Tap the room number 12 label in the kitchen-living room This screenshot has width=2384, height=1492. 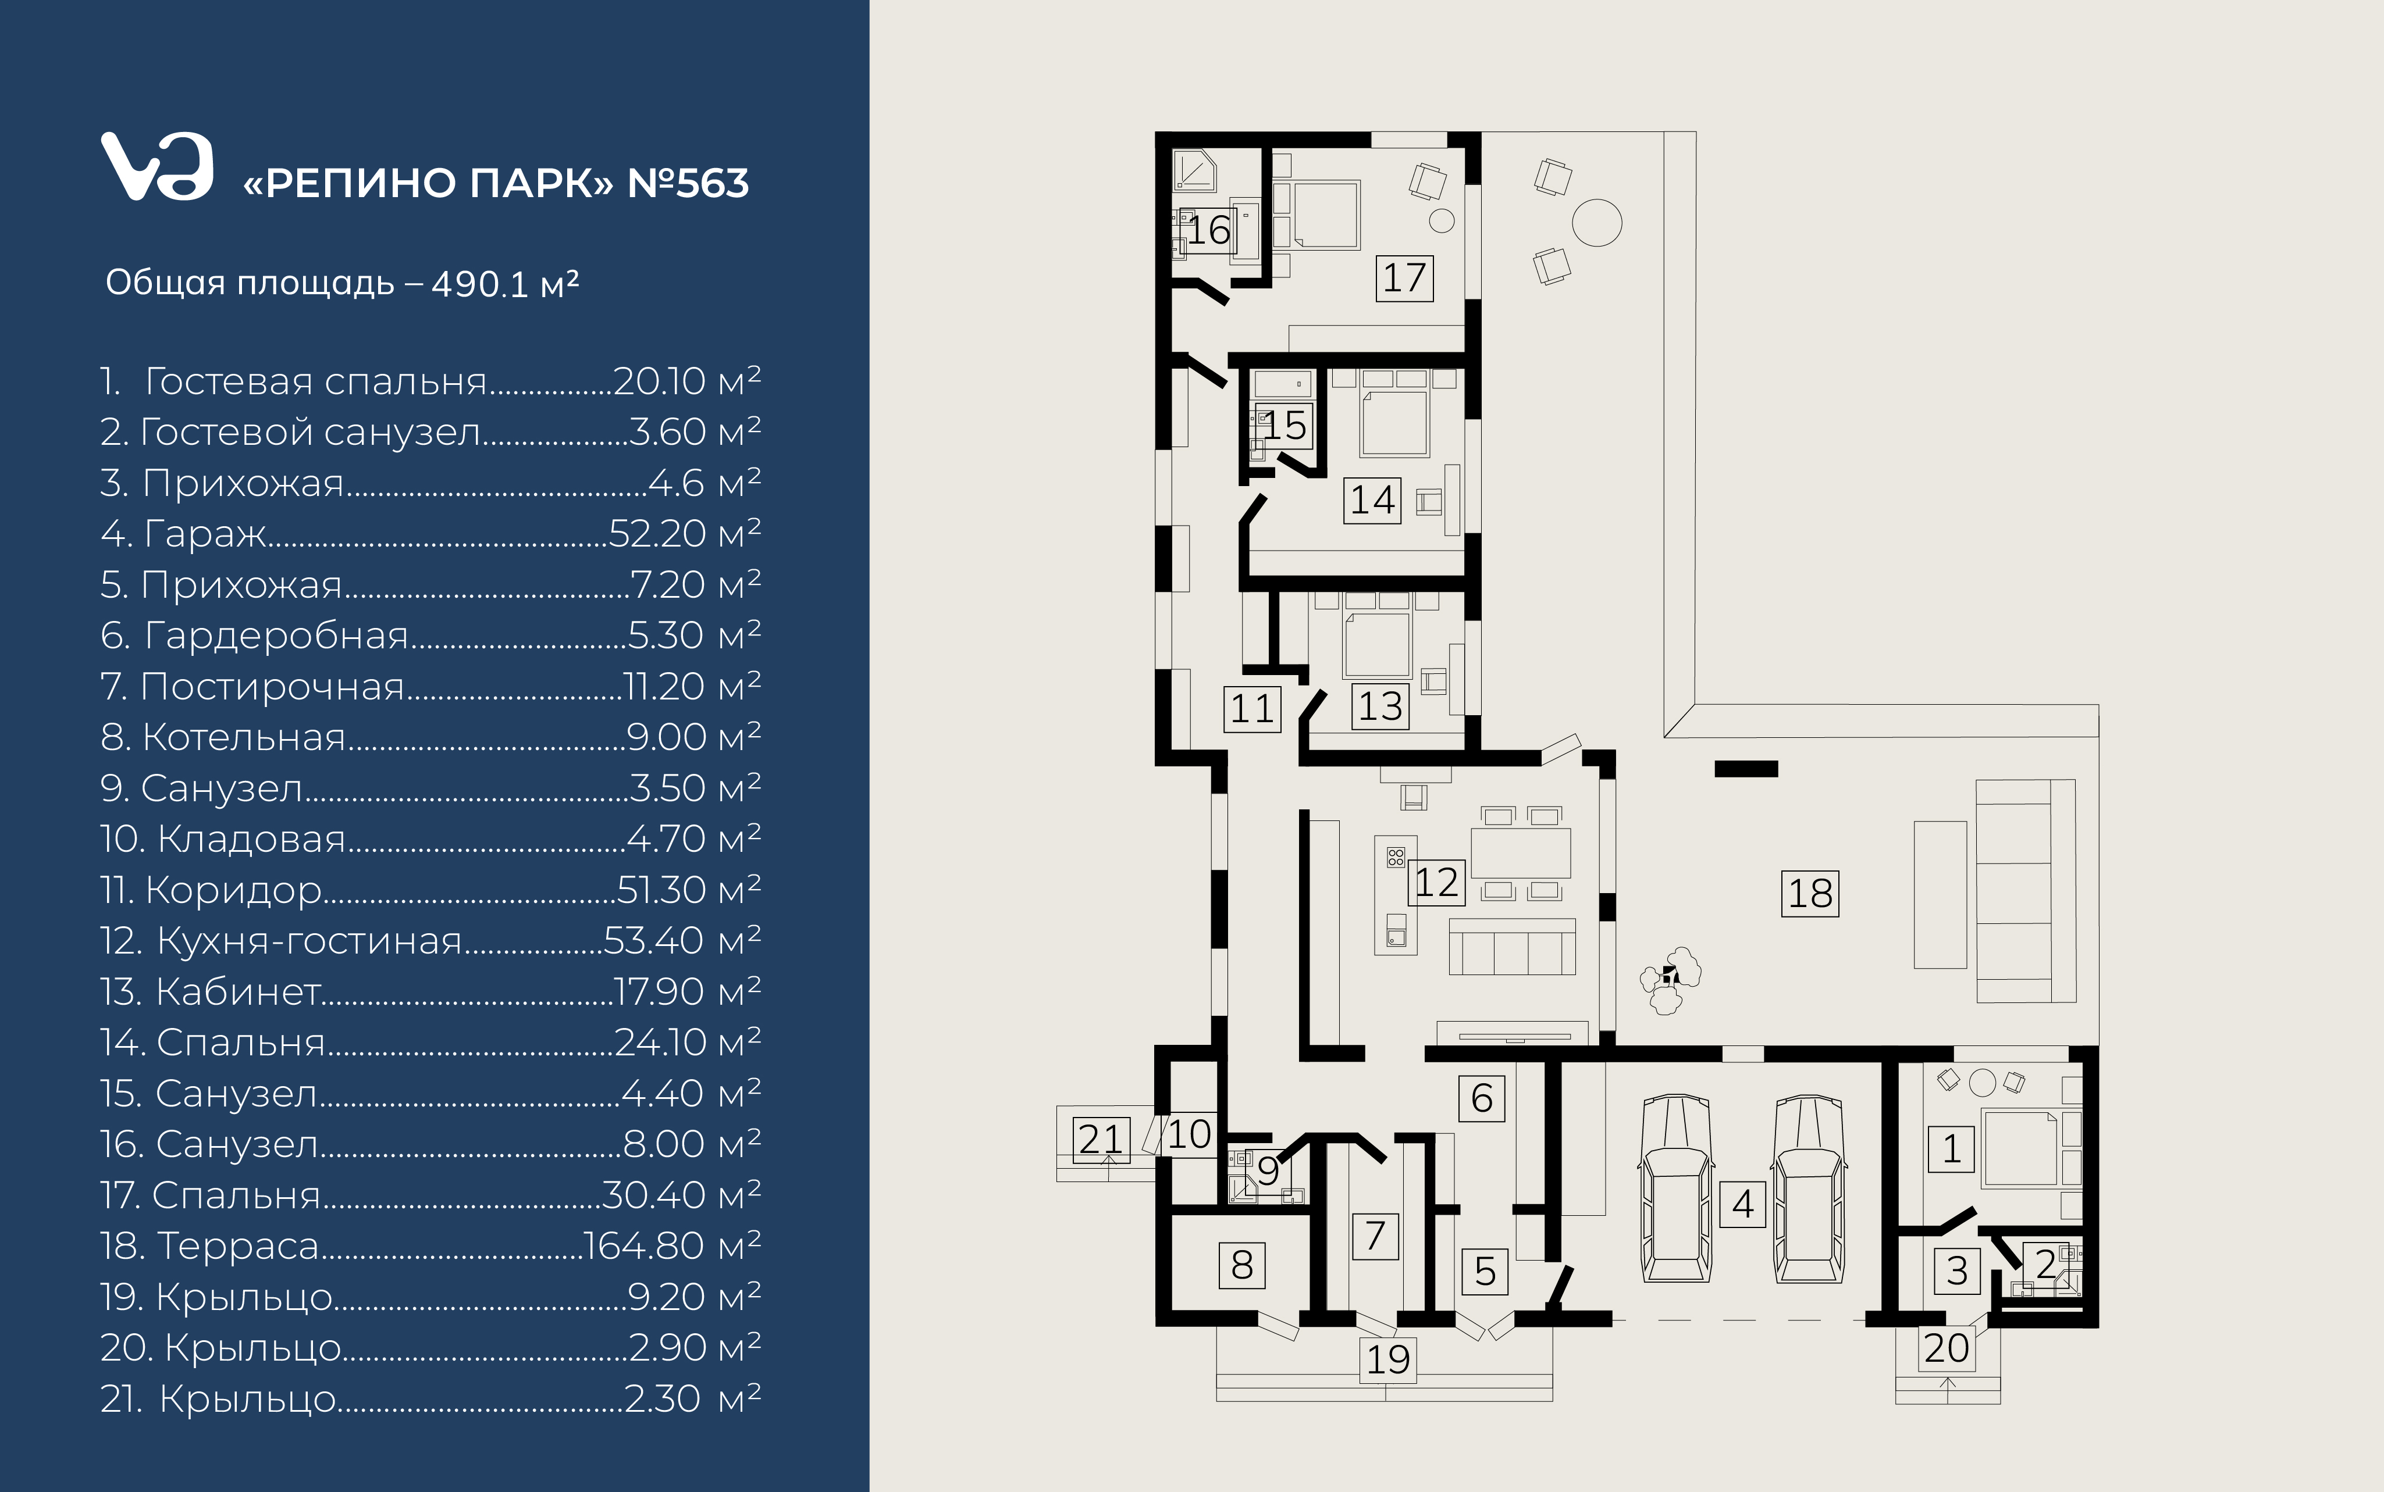tap(1436, 882)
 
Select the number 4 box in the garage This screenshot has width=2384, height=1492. tap(1742, 1204)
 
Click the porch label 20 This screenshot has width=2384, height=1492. tap(1947, 1348)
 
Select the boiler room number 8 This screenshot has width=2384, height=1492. tap(1242, 1265)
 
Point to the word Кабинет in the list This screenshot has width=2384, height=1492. tap(238, 992)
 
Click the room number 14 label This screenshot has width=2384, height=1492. tap(1372, 499)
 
